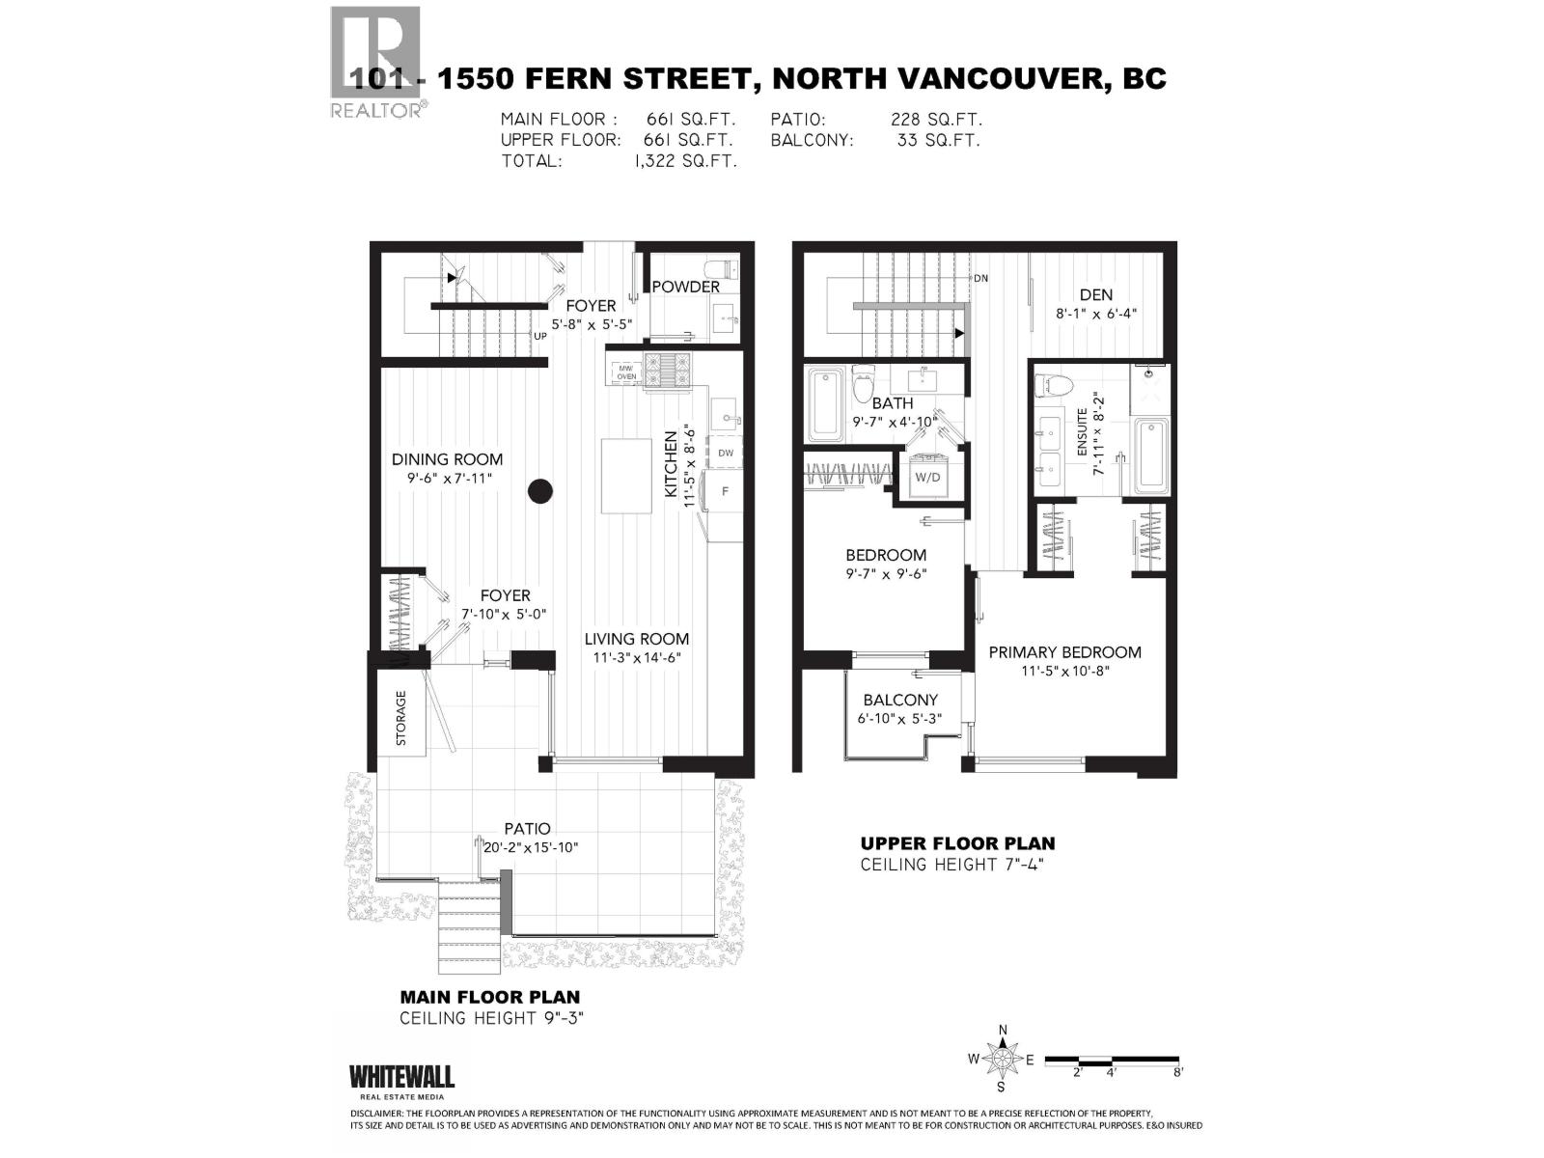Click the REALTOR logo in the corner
pos(376,60)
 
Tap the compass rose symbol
pos(1003,1060)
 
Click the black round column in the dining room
pos(540,491)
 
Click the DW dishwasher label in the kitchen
pos(726,453)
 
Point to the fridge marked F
pos(726,492)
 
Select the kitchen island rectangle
pos(627,476)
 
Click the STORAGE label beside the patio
pos(401,718)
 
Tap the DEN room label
pos(1096,295)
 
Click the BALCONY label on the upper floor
pos(900,701)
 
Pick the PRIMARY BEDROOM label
pos(1064,652)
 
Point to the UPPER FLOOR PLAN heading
pos(957,843)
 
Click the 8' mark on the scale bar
pos(1177,1071)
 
